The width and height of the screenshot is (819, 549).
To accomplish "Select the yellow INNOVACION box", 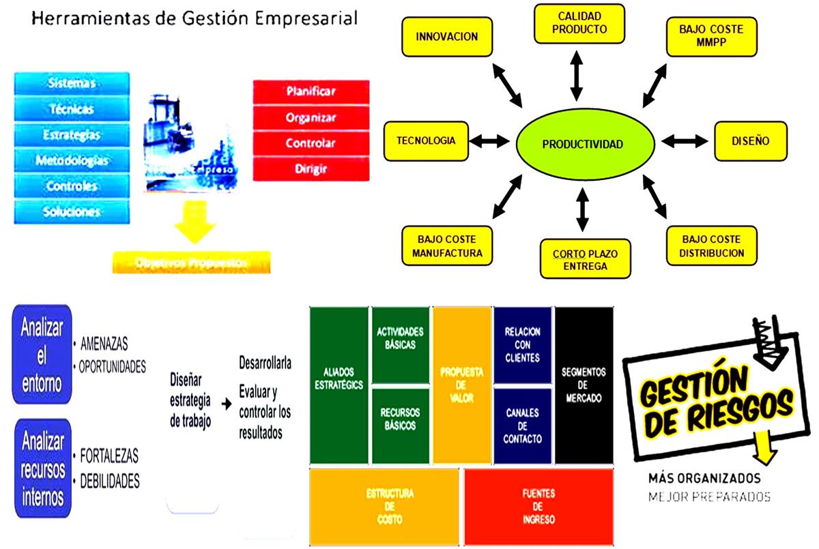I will coord(446,37).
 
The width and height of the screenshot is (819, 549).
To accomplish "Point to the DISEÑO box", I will coord(750,141).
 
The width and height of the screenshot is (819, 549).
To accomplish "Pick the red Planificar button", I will coord(311,91).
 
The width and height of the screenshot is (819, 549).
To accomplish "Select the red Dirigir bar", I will coord(311,168).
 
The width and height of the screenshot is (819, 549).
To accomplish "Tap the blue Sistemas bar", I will coord(71,83).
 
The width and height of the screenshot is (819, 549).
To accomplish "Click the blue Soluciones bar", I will coord(71,211).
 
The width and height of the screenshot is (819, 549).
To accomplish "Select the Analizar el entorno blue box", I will coord(41,354).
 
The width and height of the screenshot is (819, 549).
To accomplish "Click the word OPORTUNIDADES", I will coord(113,367).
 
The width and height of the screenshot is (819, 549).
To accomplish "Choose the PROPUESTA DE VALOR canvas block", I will coord(462,385).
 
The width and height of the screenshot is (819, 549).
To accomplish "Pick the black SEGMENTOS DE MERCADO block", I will coord(584,385).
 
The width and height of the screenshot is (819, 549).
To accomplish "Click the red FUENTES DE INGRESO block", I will coord(538,507).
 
